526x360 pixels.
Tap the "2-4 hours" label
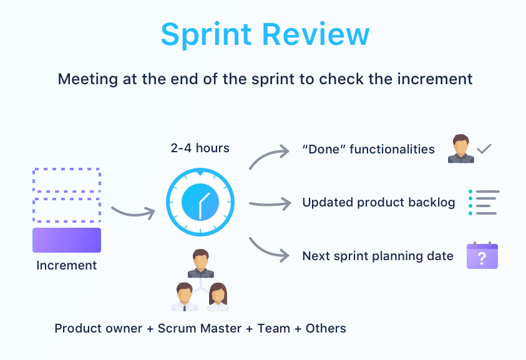(x=200, y=148)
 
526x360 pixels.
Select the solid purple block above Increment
(x=67, y=240)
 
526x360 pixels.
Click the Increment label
(x=67, y=265)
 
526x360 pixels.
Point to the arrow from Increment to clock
(x=132, y=212)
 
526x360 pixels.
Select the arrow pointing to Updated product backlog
(x=270, y=203)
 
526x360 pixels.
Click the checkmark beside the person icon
(x=484, y=149)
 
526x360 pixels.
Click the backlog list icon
(x=484, y=203)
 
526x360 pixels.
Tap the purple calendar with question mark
(x=482, y=256)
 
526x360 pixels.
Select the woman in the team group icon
(x=218, y=297)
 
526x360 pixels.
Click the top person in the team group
(x=201, y=263)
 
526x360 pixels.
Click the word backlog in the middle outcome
(x=429, y=203)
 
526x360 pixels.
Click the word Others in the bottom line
(x=326, y=328)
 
